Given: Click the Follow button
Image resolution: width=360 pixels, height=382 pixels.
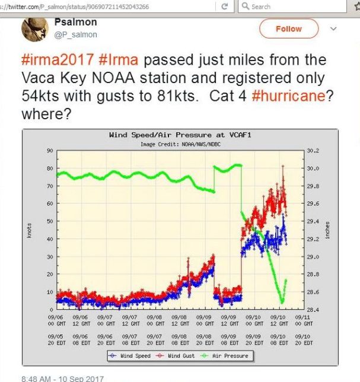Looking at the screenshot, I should (x=288, y=28).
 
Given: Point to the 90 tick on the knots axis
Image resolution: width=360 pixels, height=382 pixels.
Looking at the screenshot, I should (x=50, y=151).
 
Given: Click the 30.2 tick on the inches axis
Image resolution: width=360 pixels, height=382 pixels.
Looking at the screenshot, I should (x=313, y=151).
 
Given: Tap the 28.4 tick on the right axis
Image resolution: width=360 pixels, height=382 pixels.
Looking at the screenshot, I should (x=313, y=310).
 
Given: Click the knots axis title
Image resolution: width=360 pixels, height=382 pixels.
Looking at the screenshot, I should (x=28, y=230).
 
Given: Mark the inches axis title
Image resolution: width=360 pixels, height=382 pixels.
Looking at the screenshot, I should (x=328, y=230).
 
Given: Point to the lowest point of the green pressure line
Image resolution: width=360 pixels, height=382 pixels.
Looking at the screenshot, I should (x=282, y=303).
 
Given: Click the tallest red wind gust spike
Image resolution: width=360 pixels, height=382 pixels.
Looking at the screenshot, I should (x=283, y=167).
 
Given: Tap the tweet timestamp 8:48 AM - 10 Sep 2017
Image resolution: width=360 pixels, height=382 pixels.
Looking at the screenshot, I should (x=62, y=378).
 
